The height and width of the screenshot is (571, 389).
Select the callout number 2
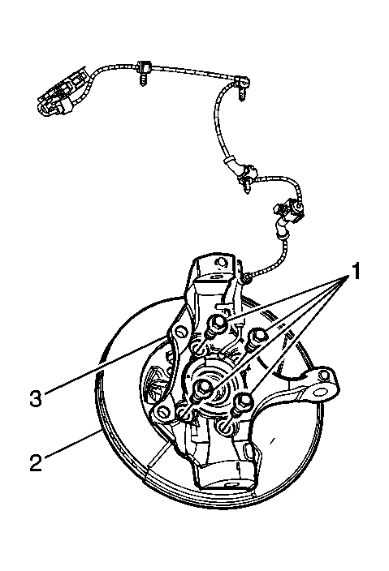[36, 462]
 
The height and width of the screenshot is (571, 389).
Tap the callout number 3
[36, 398]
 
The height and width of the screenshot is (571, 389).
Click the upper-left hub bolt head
[218, 322]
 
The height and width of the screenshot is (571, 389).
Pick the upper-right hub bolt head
[257, 334]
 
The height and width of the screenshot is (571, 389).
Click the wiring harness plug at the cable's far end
[62, 92]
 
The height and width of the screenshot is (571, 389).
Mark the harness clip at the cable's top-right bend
[241, 86]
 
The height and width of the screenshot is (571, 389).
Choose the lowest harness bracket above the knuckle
[288, 213]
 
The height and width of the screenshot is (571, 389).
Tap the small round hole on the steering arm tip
[323, 376]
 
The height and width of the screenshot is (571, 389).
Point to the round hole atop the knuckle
[220, 262]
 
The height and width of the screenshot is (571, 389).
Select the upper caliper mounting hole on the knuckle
[181, 332]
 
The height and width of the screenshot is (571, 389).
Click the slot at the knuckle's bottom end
[231, 485]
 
